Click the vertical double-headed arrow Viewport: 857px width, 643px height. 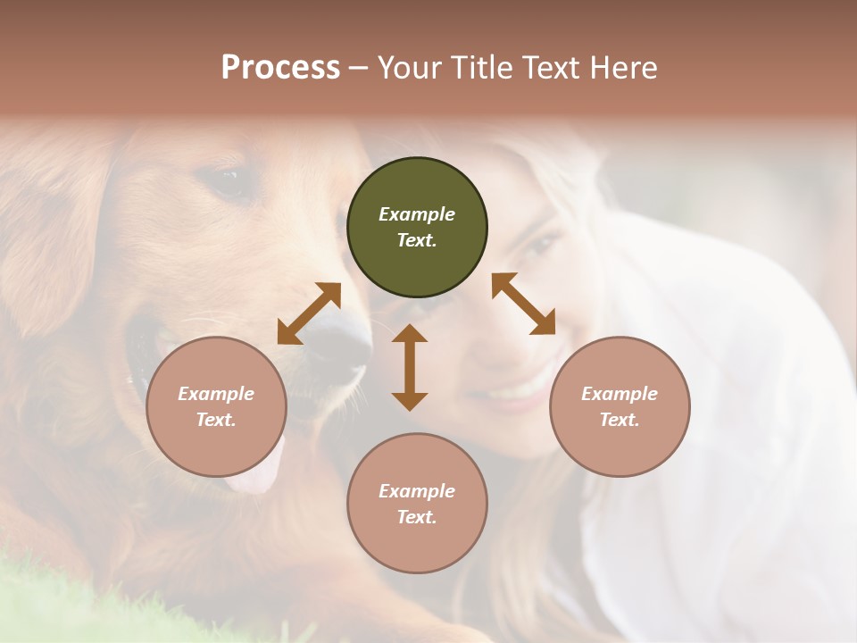[410, 367]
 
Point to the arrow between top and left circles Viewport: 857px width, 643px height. [309, 313]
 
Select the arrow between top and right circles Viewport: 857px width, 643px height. [523, 304]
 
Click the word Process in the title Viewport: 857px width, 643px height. [280, 68]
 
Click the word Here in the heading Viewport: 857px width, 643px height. [624, 68]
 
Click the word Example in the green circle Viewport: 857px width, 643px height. [417, 214]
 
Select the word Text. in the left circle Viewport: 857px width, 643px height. [216, 420]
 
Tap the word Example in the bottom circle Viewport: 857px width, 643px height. [417, 491]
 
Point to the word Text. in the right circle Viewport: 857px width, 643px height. [620, 420]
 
